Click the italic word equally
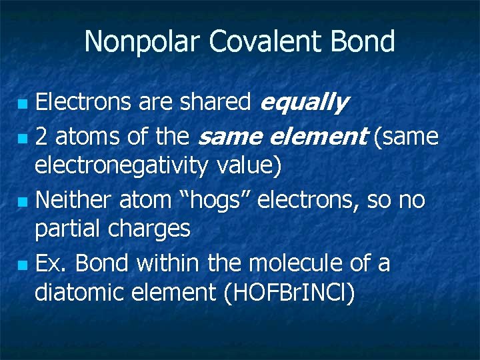303,103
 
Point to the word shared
216,103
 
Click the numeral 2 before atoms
41,137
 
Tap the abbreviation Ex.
51,263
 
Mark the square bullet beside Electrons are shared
23,105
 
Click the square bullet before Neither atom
23,201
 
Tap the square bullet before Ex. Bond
23,265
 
